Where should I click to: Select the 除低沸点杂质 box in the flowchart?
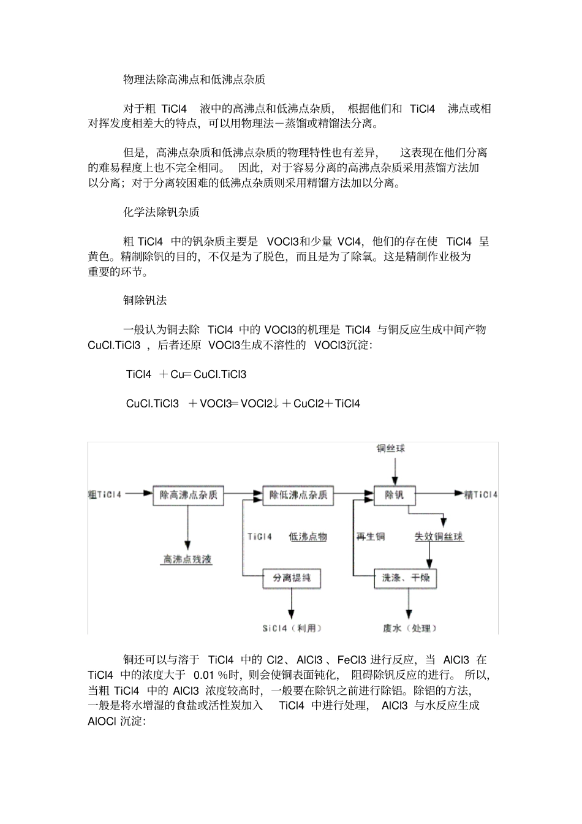[298, 495]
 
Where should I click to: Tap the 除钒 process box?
[395, 495]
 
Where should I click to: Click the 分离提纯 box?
[292, 578]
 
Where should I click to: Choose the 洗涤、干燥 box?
[406, 578]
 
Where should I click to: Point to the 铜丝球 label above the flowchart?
[390, 449]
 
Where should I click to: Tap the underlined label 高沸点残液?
[187, 559]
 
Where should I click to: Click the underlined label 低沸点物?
[308, 537]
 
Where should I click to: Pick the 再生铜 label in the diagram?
[371, 537]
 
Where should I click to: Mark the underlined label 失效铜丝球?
[439, 537]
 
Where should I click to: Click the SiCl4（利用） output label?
[292, 628]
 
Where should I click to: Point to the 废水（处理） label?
[410, 628]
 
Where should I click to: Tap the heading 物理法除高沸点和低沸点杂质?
[194, 80]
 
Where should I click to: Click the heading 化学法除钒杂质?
[161, 212]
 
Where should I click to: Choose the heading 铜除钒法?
[145, 300]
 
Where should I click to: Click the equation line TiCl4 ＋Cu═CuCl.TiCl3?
[186, 374]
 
